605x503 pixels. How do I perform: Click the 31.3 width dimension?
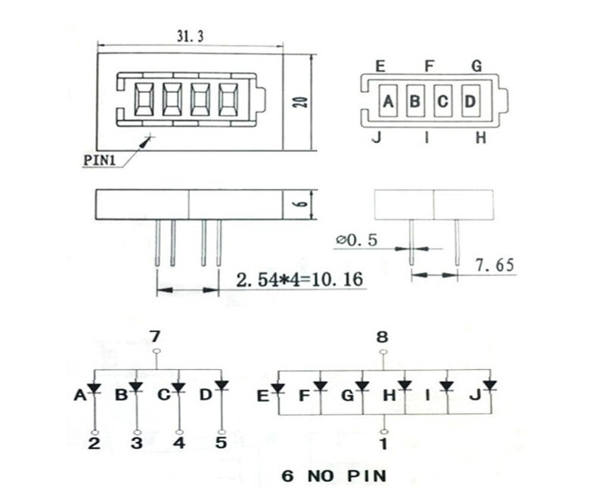(191, 36)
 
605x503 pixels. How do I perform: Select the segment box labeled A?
(388, 101)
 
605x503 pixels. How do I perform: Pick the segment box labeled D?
(470, 101)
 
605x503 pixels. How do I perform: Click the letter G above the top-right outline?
(477, 67)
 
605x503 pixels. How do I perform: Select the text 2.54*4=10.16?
(299, 280)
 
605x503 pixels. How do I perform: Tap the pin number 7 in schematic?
(157, 336)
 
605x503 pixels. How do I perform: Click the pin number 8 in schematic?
(383, 336)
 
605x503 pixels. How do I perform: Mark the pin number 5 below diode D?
(221, 442)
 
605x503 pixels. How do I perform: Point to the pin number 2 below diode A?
(95, 443)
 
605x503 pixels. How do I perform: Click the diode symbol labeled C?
(178, 387)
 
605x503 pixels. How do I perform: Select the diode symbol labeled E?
(278, 389)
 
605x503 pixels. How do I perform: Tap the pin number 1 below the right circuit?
(383, 444)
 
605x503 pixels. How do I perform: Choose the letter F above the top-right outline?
(430, 67)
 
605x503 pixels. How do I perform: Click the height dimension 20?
(300, 102)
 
